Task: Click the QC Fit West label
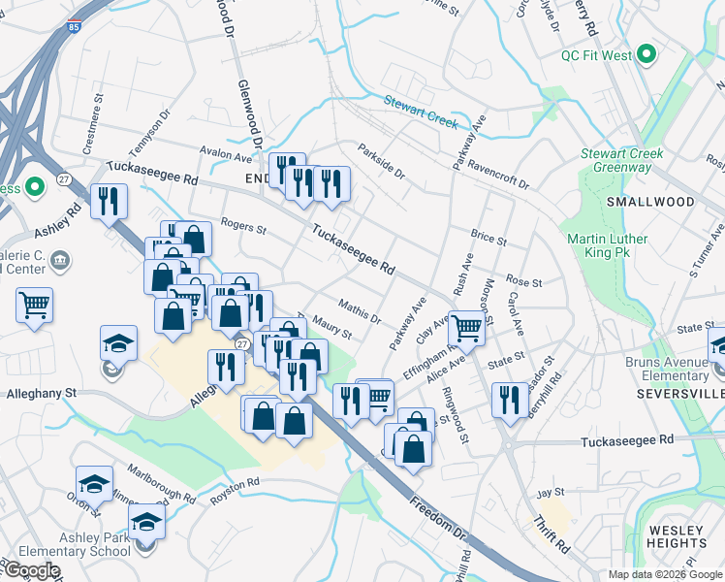pyautogui.click(x=595, y=55)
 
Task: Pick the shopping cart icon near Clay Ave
pyautogui.click(x=467, y=327)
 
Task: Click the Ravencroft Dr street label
pyautogui.click(x=498, y=172)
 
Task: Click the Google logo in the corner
pyautogui.click(x=32, y=570)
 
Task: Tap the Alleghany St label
pyautogui.click(x=41, y=394)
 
